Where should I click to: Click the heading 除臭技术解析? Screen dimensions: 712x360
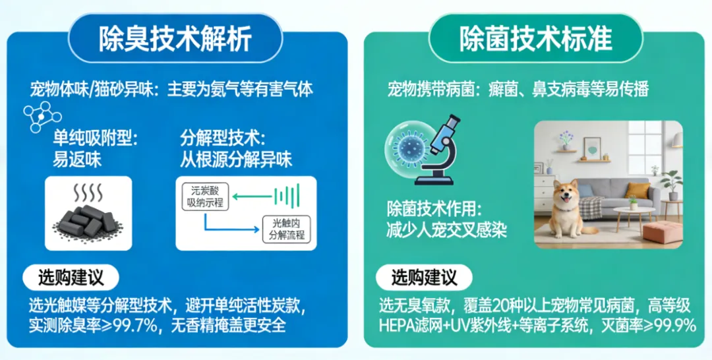[175, 39]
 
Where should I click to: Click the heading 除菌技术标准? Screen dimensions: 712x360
[535, 39]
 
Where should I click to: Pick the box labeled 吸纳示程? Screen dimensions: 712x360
[205, 196]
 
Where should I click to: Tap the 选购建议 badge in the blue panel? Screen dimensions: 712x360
[71, 278]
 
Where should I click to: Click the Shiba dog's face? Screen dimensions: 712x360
[566, 196]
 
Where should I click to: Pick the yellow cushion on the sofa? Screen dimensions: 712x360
[637, 191]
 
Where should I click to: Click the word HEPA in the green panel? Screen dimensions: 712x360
[398, 326]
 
